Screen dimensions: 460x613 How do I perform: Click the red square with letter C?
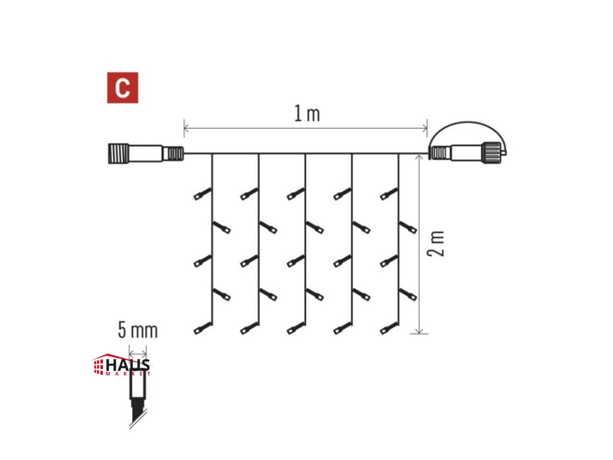click(x=123, y=88)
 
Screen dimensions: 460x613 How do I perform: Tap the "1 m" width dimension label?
click(x=306, y=114)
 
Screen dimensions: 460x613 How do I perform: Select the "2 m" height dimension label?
click(x=438, y=243)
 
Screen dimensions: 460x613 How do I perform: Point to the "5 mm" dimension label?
click(x=138, y=330)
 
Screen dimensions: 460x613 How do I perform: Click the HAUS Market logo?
click(x=122, y=365)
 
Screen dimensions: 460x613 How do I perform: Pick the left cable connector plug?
click(x=144, y=153)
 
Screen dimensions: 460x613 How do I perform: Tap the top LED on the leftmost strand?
click(x=202, y=193)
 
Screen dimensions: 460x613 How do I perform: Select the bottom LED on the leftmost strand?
click(x=202, y=328)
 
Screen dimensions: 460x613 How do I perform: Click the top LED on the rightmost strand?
click(x=389, y=193)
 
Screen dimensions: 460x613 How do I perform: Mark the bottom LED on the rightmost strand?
click(x=389, y=328)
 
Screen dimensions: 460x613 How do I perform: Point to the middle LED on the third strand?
click(x=296, y=261)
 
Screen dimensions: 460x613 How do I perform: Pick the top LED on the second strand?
click(x=249, y=193)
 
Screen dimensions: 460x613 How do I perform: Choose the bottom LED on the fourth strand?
click(x=342, y=328)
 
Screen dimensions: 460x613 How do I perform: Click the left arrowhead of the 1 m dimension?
click(x=186, y=128)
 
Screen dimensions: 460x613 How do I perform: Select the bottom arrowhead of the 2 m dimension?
click(x=421, y=331)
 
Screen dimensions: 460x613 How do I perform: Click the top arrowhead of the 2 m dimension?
click(x=421, y=157)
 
